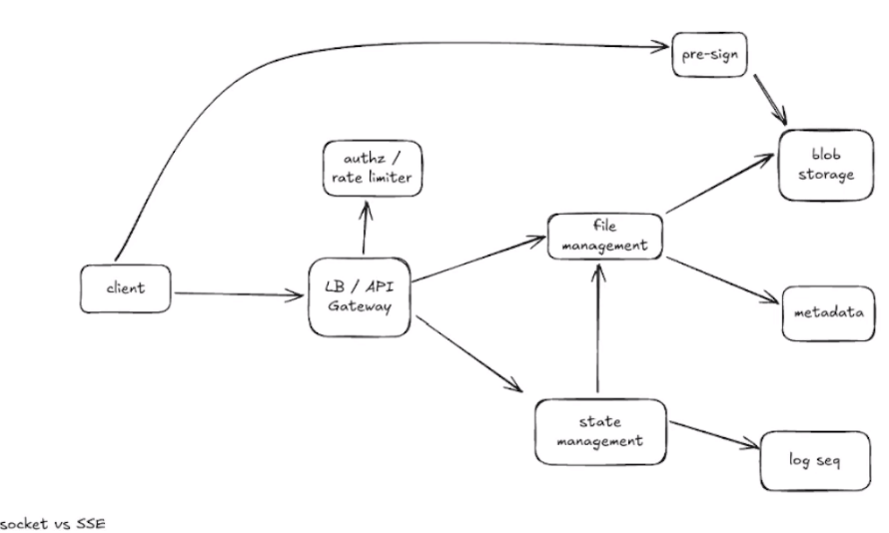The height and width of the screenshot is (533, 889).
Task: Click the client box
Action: pos(125,288)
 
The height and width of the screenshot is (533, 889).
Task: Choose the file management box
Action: pos(603,235)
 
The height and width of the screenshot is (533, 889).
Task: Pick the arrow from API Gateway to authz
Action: pos(366,228)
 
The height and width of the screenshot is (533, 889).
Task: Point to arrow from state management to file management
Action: pos(597,329)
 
